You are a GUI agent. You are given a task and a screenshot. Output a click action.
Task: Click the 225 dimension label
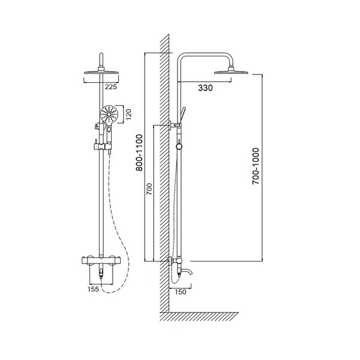click(x=111, y=87)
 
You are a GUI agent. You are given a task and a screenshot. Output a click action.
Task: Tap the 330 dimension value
click(x=205, y=88)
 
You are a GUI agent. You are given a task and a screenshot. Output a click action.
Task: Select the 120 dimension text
click(x=129, y=114)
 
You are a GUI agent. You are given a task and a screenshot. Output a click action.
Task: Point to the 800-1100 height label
click(x=139, y=152)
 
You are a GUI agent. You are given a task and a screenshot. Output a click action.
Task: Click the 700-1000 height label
click(x=256, y=166)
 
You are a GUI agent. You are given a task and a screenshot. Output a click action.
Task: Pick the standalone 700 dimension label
click(x=149, y=189)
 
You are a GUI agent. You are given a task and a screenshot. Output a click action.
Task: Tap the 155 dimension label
click(x=93, y=289)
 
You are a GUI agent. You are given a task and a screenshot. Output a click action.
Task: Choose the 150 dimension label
click(x=181, y=292)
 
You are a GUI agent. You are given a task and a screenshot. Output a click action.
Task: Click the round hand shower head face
click(x=109, y=114)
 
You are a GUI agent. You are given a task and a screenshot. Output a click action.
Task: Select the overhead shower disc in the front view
click(x=101, y=73)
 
